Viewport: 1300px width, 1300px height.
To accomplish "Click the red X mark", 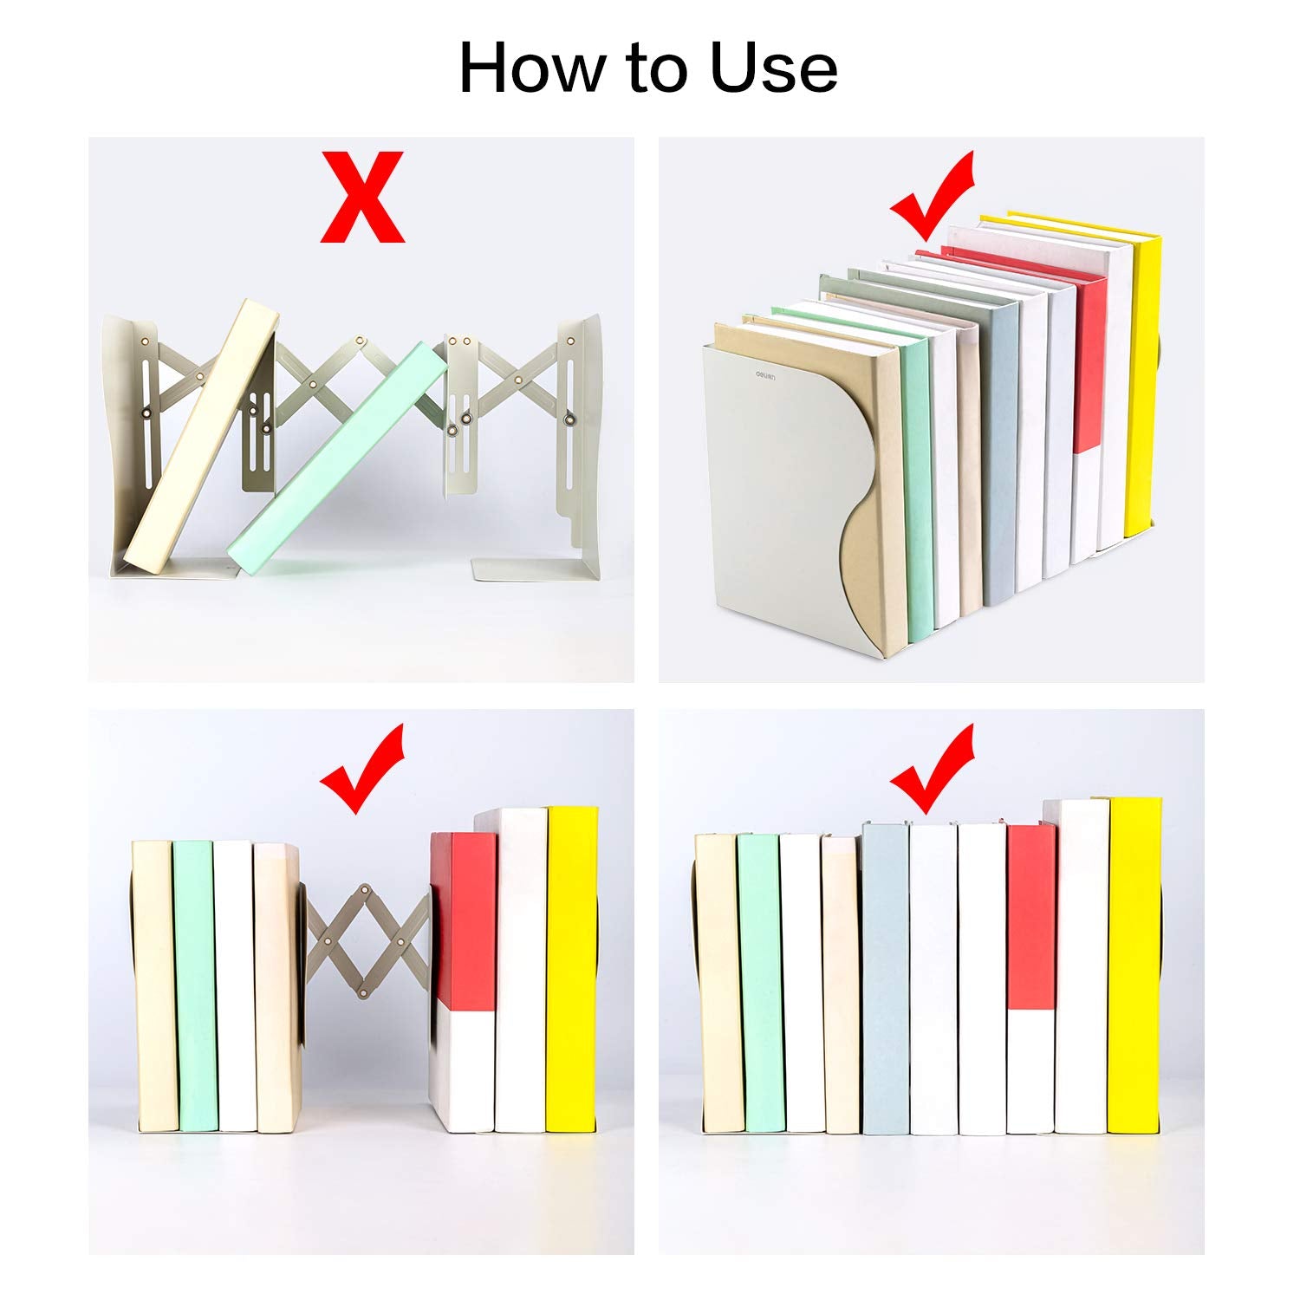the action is coord(362,197).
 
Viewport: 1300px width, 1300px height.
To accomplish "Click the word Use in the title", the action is coord(774,68).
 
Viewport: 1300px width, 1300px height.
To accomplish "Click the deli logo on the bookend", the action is coord(764,376).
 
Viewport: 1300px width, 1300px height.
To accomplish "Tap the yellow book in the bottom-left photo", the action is coord(572,970).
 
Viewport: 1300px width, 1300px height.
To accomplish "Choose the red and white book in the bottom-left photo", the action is coord(463,982).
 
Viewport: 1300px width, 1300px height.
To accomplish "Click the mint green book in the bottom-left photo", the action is coord(195,985).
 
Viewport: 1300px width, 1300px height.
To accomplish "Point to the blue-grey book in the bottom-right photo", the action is coord(886,979).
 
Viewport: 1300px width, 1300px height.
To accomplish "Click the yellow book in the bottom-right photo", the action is coord(1134,965).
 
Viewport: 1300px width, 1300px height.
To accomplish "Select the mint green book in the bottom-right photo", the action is coord(760,984).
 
